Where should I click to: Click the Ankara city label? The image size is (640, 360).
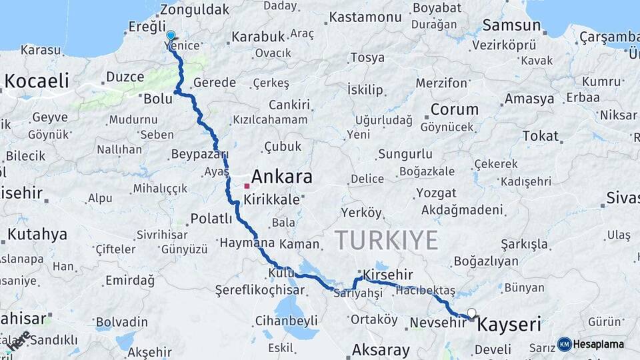tap(281, 177)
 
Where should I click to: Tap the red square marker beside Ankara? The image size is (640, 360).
tap(246, 186)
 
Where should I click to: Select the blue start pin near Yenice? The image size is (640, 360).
tap(171, 36)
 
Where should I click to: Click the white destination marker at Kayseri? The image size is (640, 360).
tap(472, 313)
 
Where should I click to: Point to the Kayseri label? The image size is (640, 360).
tap(509, 325)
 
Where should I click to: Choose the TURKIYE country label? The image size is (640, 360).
tap(386, 240)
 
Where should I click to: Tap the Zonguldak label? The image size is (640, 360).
tap(195, 9)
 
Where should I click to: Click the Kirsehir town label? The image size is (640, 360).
tap(387, 274)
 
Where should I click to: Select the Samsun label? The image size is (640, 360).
tap(511, 25)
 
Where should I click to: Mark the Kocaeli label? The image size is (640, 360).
tap(37, 81)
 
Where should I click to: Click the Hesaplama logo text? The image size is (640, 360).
tap(599, 344)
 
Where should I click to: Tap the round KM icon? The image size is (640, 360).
tap(565, 344)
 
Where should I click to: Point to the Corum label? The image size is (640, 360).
tap(455, 109)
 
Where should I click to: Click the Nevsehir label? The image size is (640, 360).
tap(437, 323)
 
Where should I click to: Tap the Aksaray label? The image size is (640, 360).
tap(381, 350)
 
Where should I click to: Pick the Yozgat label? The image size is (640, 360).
tap(436, 193)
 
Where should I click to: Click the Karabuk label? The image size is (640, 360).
tap(259, 36)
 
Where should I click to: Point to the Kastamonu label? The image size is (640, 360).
tap(363, 17)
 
